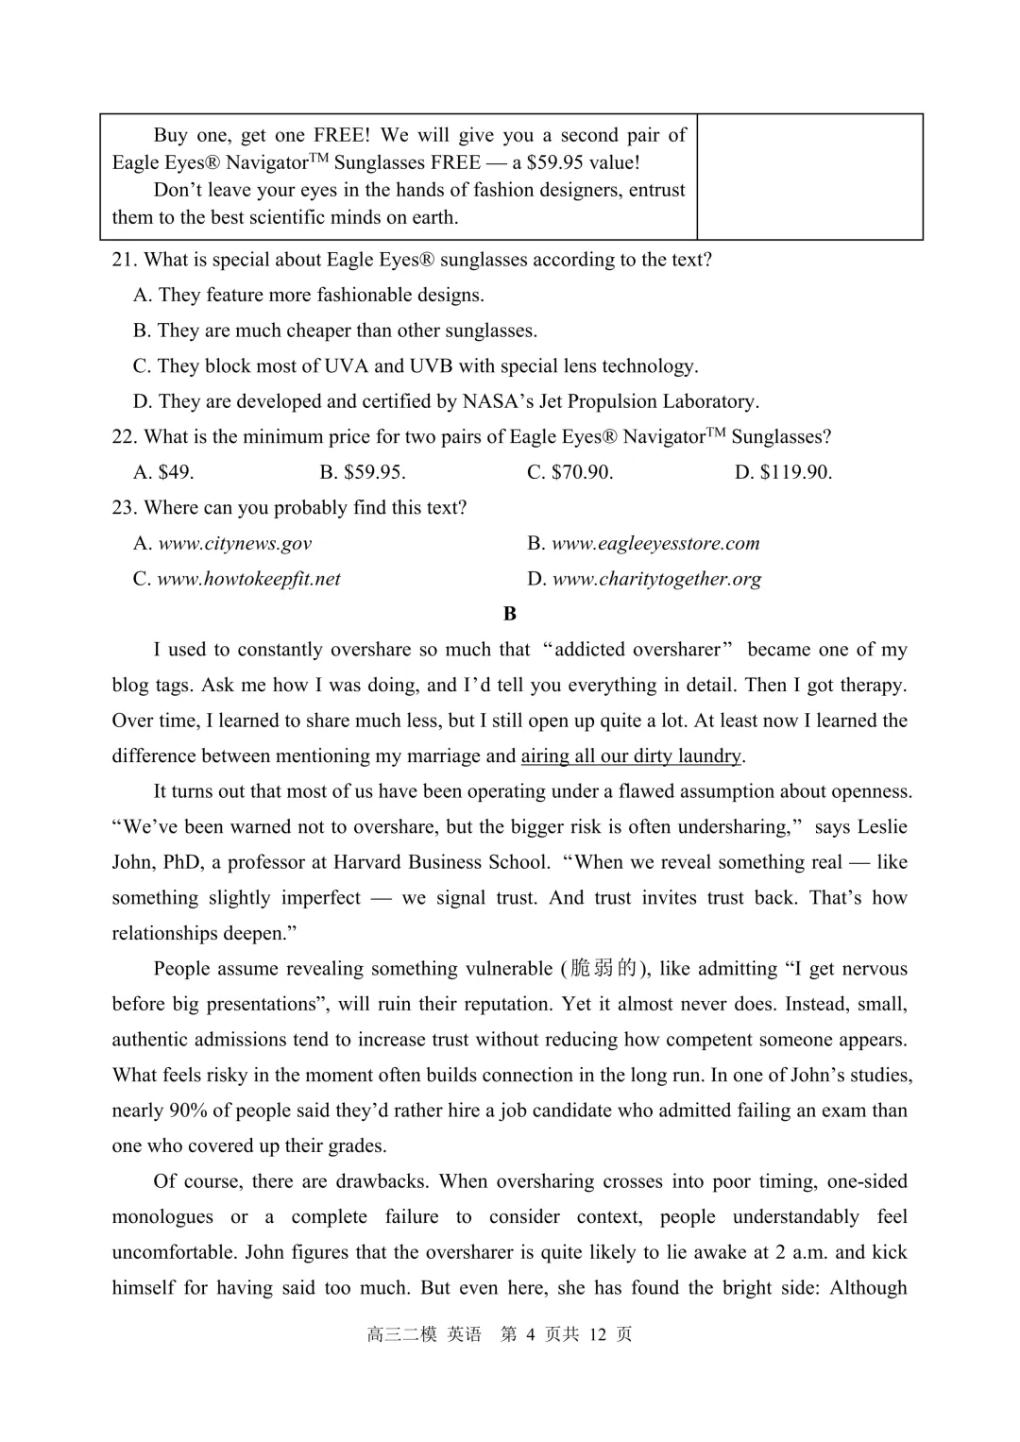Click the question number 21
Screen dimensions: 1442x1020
(x=125, y=260)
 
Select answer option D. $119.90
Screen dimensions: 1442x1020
(x=783, y=472)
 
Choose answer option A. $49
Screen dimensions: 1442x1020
(x=163, y=472)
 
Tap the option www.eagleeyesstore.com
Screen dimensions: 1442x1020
(x=654, y=543)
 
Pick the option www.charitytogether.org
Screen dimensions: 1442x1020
(x=655, y=579)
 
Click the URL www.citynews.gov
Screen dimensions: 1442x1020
(x=234, y=543)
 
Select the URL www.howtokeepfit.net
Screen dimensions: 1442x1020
(x=248, y=579)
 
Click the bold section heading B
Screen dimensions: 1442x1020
(x=510, y=614)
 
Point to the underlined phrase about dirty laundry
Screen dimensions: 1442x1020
(x=631, y=755)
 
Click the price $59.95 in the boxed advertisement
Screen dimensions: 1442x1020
(x=554, y=162)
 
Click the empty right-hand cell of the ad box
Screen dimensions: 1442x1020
(x=809, y=177)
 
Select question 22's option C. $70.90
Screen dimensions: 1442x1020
(x=569, y=472)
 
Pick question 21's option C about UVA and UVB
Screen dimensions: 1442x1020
(x=416, y=366)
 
